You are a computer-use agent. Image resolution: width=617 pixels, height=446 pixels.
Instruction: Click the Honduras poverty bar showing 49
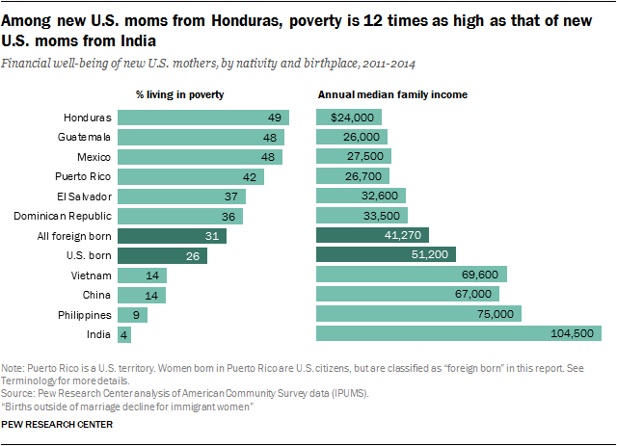click(201, 118)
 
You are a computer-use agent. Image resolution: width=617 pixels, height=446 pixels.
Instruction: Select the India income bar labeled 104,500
click(458, 333)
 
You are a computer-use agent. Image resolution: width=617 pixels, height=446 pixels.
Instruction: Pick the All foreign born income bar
click(372, 235)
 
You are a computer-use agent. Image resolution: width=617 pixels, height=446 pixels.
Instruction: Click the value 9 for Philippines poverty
click(136, 314)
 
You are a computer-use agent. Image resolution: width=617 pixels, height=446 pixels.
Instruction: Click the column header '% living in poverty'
click(178, 94)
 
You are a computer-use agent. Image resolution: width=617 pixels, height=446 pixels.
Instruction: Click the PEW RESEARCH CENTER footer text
click(57, 424)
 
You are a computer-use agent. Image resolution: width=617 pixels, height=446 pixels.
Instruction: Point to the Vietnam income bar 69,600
click(412, 275)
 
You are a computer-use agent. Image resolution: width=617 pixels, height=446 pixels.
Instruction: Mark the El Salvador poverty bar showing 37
click(181, 196)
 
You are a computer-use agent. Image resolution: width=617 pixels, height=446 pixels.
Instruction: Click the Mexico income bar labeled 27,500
click(354, 157)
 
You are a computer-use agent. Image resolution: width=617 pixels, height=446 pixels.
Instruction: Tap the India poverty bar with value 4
click(124, 333)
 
